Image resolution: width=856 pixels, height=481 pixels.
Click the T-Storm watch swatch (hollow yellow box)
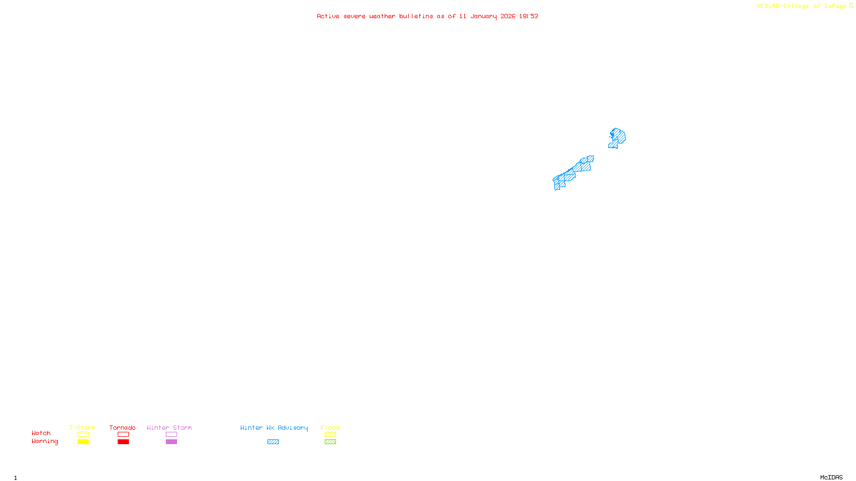coord(83,435)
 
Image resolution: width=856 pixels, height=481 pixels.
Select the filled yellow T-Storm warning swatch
coord(83,442)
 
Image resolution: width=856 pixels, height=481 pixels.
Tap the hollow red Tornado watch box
coord(123,435)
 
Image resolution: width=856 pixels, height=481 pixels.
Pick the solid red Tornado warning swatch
coord(123,442)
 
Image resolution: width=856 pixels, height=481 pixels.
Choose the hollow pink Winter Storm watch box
coord(171,435)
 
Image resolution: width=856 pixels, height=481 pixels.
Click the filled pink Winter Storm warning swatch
coord(171,442)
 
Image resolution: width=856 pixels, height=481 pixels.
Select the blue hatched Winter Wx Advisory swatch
coord(273,442)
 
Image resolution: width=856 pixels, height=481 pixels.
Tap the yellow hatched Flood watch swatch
coord(330,435)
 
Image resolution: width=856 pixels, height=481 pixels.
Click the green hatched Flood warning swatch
coord(330,442)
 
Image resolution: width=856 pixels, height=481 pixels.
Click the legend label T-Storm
coord(82,428)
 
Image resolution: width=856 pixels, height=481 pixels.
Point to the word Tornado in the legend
coord(123,428)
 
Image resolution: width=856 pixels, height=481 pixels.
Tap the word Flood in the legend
coord(330,428)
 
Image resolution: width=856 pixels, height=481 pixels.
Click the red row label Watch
coord(41,433)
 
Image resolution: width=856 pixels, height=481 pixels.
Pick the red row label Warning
coord(45,441)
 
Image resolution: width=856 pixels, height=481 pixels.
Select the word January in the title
coord(483,17)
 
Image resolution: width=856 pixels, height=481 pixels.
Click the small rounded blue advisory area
coord(618,137)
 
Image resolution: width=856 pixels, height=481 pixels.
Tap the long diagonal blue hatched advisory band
coord(572,173)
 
